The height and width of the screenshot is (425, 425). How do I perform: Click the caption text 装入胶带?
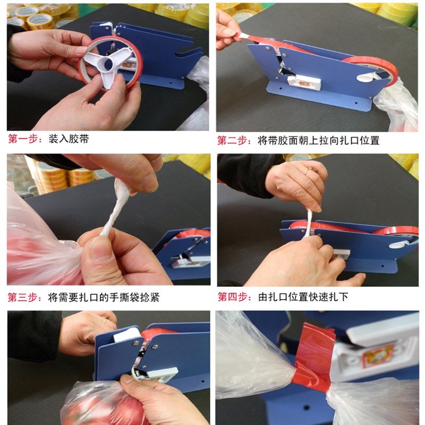[x=69, y=140]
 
